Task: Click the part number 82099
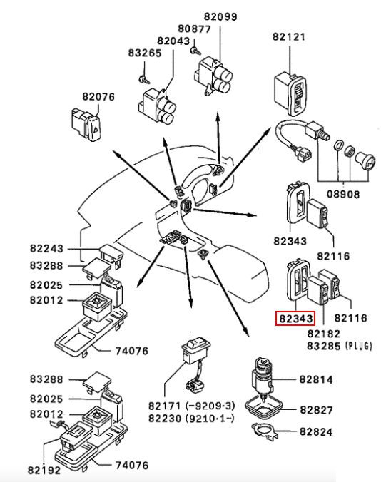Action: pyautogui.click(x=220, y=16)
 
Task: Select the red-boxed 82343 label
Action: pyautogui.click(x=295, y=318)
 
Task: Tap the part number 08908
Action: pyautogui.click(x=343, y=194)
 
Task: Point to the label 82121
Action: pyautogui.click(x=289, y=37)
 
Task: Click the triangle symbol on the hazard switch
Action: pyautogui.click(x=96, y=130)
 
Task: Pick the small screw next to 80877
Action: pyautogui.click(x=195, y=51)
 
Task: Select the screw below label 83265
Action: pyautogui.click(x=144, y=79)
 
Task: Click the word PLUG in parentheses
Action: pyautogui.click(x=359, y=346)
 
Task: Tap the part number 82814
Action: pyautogui.click(x=316, y=379)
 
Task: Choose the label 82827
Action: pyautogui.click(x=316, y=410)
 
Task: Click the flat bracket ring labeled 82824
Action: pyautogui.click(x=264, y=431)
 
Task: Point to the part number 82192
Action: pyautogui.click(x=44, y=471)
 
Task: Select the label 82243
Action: pyautogui.click(x=46, y=248)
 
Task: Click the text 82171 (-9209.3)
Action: pyautogui.click(x=192, y=406)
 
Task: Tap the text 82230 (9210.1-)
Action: pyautogui.click(x=192, y=419)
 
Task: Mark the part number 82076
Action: pyautogui.click(x=98, y=97)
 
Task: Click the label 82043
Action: pyautogui.click(x=173, y=41)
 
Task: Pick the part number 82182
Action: pyautogui.click(x=324, y=334)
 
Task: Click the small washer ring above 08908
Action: pyautogui.click(x=338, y=145)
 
